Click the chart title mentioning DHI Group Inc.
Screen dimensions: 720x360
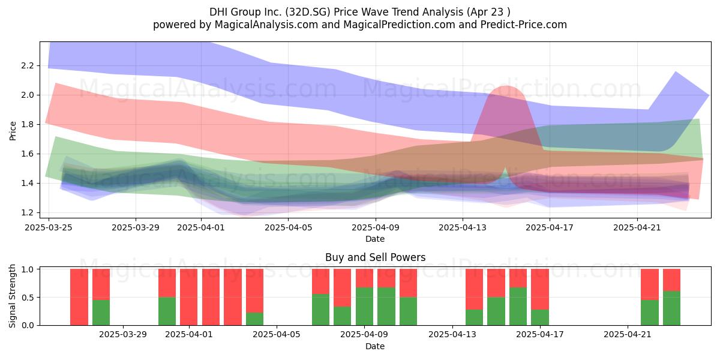pyautogui.click(x=359, y=12)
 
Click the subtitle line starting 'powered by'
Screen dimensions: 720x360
pyautogui.click(x=359, y=25)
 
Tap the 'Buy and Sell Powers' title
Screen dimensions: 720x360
pyautogui.click(x=375, y=257)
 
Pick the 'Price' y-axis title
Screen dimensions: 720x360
pyautogui.click(x=13, y=131)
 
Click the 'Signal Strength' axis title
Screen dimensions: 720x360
pyautogui.click(x=12, y=296)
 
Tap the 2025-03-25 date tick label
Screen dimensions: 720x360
pyautogui.click(x=49, y=227)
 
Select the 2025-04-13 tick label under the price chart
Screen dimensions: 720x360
pyautogui.click(x=463, y=227)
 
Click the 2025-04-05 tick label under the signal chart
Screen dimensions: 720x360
pyautogui.click(x=277, y=335)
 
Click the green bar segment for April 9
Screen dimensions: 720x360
pyautogui.click(x=365, y=307)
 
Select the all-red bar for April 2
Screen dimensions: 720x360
pyautogui.click(x=211, y=297)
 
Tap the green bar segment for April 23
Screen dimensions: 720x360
pyautogui.click(x=672, y=308)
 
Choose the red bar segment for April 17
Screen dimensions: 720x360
pyautogui.click(x=540, y=289)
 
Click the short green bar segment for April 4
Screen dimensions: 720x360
pyautogui.click(x=254, y=319)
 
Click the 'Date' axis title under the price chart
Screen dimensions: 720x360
pyautogui.click(x=375, y=239)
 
